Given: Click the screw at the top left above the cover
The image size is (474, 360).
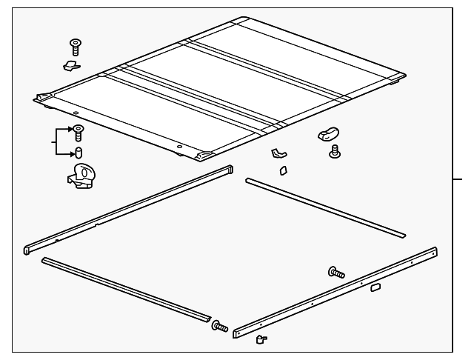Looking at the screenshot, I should click(76, 45).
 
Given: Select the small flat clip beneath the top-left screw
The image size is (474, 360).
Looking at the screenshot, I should click(72, 67).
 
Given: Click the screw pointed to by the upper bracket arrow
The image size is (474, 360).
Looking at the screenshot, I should click(77, 133).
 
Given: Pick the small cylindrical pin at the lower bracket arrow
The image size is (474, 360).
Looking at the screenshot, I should click(77, 153).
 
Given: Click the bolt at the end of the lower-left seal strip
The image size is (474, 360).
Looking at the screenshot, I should click(220, 326).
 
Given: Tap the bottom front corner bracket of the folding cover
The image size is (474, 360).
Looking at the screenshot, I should click(203, 157).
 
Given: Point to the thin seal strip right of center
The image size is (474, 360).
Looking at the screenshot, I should click(326, 208).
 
